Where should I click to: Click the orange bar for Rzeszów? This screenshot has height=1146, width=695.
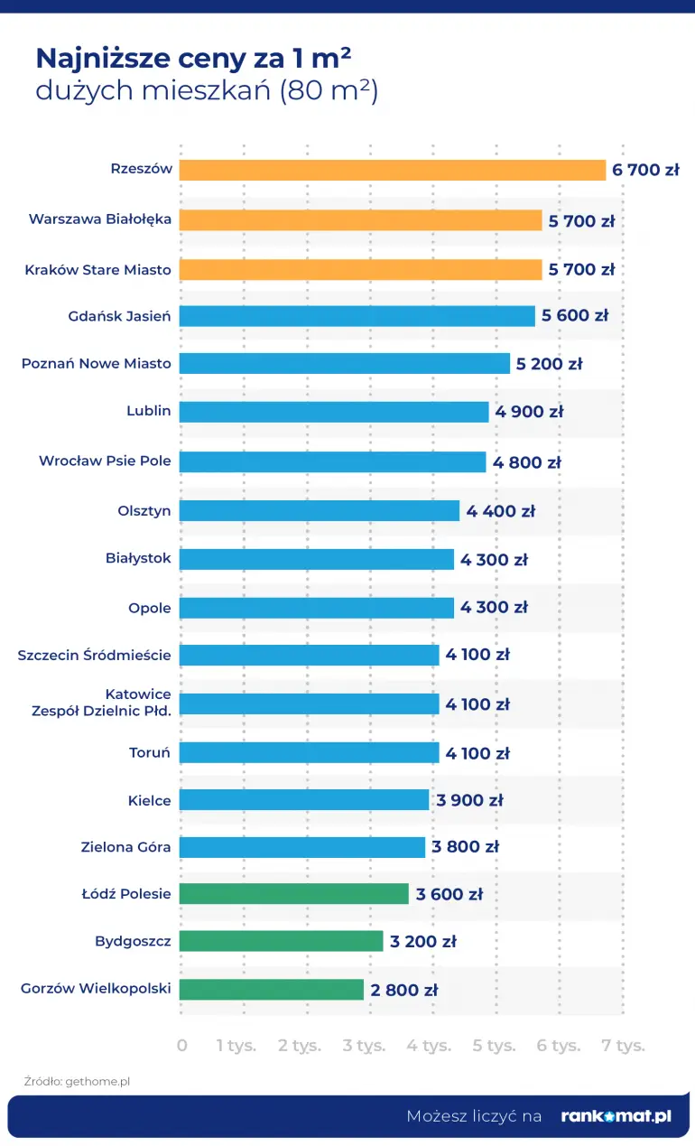point(393,170)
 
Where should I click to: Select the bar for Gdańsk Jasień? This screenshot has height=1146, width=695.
point(357,316)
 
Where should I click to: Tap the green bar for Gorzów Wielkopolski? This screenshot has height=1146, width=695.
point(271,989)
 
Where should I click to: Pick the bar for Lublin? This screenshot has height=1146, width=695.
point(334,412)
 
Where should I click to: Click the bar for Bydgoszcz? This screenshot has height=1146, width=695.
point(281,941)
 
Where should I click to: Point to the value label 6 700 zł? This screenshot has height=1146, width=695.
point(645,170)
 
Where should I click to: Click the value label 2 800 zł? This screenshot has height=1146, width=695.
point(403,990)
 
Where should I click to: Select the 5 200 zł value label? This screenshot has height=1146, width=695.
point(549,364)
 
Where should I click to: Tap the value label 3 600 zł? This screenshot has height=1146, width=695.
point(449,894)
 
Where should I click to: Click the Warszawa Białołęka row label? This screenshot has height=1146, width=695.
point(100,219)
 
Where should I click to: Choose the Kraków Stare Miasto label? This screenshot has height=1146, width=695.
point(97,269)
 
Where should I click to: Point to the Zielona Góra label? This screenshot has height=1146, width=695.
point(125,847)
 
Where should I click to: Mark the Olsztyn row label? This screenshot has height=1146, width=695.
point(144,510)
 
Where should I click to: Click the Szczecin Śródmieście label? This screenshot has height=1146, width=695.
point(94,655)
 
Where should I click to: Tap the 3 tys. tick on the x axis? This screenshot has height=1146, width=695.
point(364,1046)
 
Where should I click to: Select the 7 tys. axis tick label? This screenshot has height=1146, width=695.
point(623,1046)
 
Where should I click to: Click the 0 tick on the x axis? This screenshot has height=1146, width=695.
point(182,1046)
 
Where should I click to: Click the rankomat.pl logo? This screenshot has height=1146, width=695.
point(616,1116)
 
